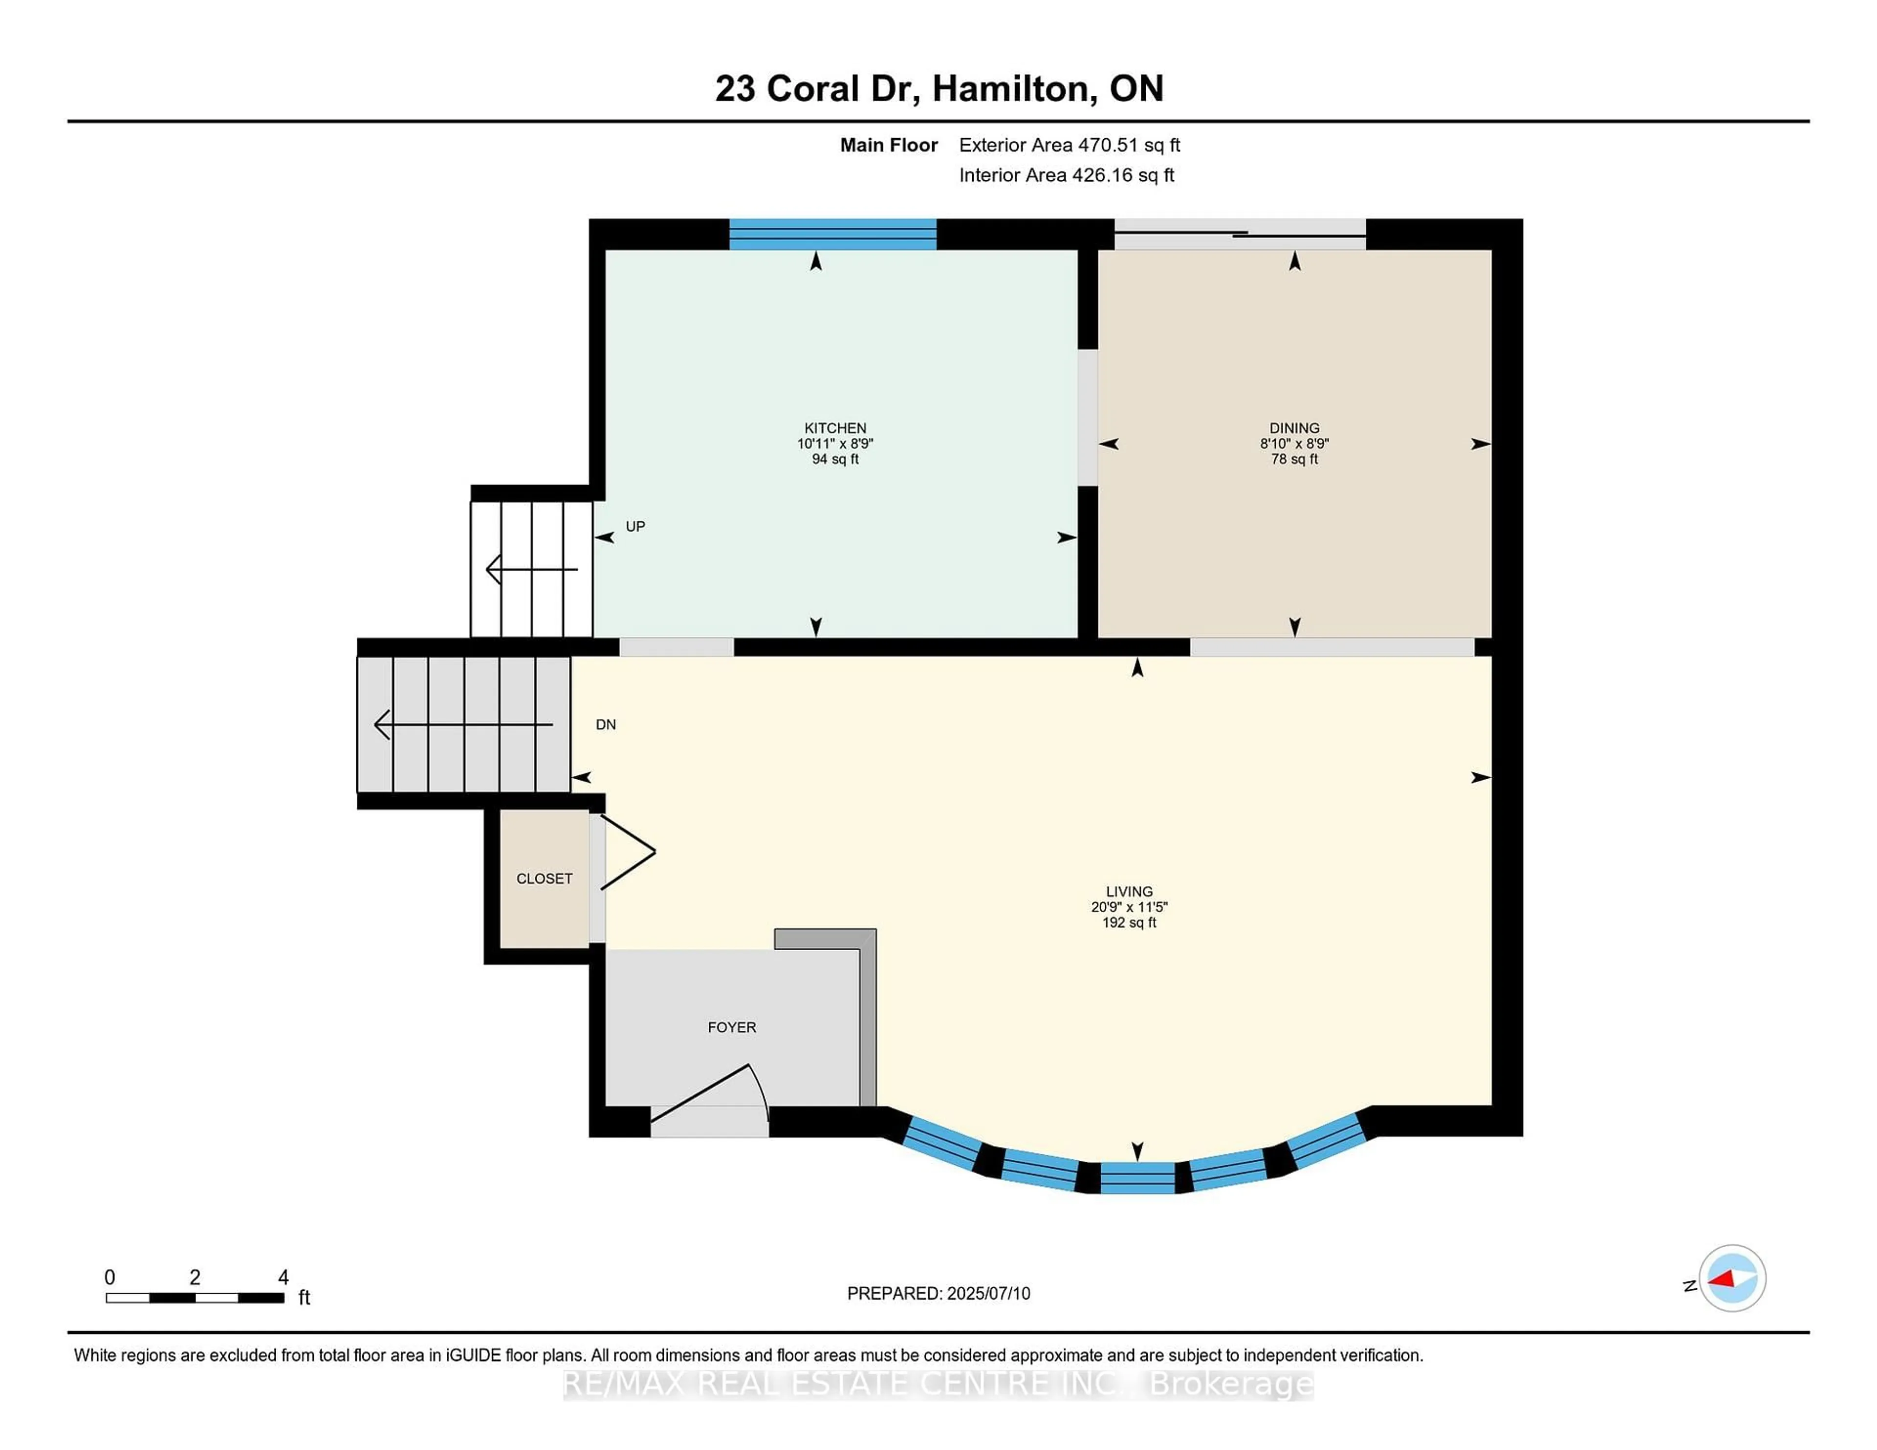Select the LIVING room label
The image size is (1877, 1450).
1129,892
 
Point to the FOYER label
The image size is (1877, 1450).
731,1027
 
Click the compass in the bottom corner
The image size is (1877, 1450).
1732,1278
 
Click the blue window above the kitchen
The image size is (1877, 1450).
832,235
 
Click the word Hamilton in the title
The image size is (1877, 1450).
1014,88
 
